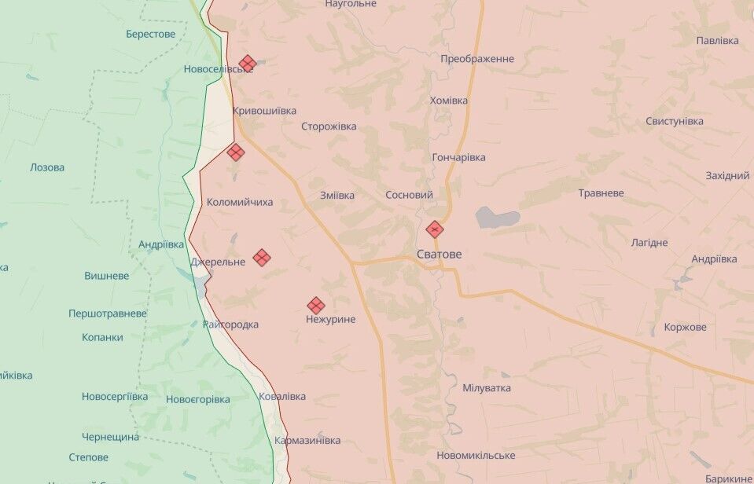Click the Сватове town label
pyautogui.click(x=439, y=255)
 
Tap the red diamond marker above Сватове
pyautogui.click(x=435, y=229)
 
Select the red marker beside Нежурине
pyautogui.click(x=316, y=306)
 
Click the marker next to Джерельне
pyautogui.click(x=262, y=258)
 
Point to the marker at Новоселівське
pyautogui.click(x=248, y=64)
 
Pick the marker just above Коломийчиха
pyautogui.click(x=236, y=152)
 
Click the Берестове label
pyautogui.click(x=151, y=34)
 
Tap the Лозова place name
pyautogui.click(x=47, y=167)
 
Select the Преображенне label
pyautogui.click(x=477, y=59)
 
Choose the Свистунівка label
pyautogui.click(x=675, y=121)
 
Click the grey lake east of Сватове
pyautogui.click(x=497, y=218)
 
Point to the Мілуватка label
pyautogui.click(x=487, y=388)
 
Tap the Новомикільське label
pyautogui.click(x=476, y=456)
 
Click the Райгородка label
pyautogui.click(x=230, y=324)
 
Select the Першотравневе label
pyautogui.click(x=108, y=313)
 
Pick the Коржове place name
pyautogui.click(x=685, y=327)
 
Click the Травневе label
pyautogui.click(x=601, y=193)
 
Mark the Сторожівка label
pyautogui.click(x=329, y=126)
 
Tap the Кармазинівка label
pyautogui.click(x=308, y=441)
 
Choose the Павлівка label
pyautogui.click(x=717, y=40)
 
